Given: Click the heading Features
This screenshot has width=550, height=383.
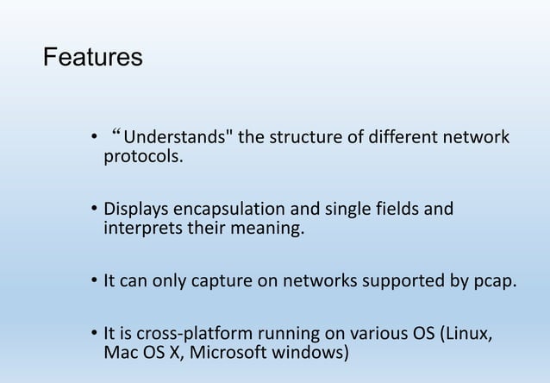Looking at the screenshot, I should click(x=92, y=58).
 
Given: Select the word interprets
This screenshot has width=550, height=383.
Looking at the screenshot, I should click(x=141, y=229).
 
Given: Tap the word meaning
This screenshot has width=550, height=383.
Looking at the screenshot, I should click(x=271, y=229).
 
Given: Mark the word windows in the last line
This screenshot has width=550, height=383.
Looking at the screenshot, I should click(x=317, y=354).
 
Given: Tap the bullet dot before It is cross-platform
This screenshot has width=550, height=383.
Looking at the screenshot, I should click(x=94, y=336).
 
